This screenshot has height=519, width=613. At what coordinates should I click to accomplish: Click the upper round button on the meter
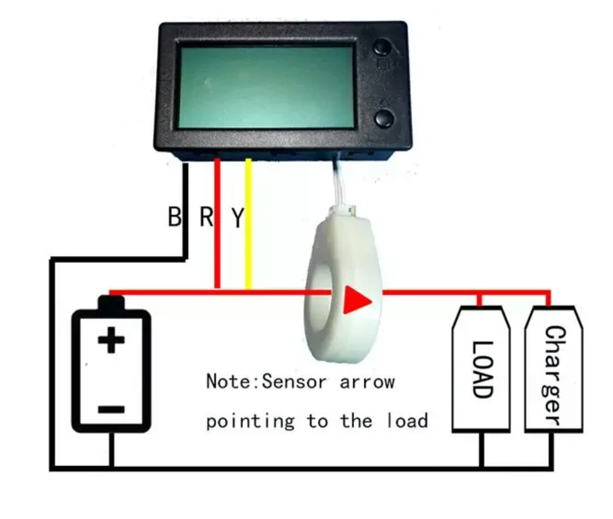tap(384, 48)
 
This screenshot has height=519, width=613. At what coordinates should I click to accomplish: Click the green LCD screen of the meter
tap(267, 86)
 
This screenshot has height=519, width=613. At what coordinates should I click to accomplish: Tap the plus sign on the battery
tap(111, 341)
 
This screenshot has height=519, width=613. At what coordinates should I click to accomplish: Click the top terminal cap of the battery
tap(111, 303)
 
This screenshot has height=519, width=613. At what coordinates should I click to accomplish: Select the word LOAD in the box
tap(481, 369)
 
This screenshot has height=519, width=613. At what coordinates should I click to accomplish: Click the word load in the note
tap(407, 421)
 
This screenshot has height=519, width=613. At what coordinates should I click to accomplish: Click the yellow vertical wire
tap(248, 227)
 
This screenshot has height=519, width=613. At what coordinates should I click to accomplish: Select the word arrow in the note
tap(367, 382)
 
